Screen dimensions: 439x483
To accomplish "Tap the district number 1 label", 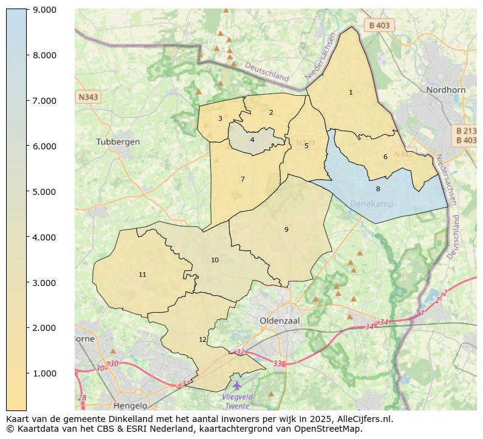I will pyautogui.click(x=351, y=93).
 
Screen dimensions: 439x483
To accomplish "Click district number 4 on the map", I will pyautogui.click(x=252, y=140).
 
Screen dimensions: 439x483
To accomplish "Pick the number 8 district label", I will pyautogui.click(x=377, y=189).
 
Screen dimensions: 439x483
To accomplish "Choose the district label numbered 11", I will pyautogui.click(x=142, y=275).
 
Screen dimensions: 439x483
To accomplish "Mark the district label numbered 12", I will pyautogui.click(x=202, y=340).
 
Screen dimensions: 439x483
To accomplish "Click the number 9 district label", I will pyautogui.click(x=286, y=230).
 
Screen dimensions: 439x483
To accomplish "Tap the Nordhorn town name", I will pyautogui.click(x=445, y=90).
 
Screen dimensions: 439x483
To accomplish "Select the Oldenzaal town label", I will pyautogui.click(x=277, y=320).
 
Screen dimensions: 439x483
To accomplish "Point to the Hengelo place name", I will pyautogui.click(x=130, y=406).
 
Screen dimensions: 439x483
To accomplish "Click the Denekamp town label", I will pyautogui.click(x=371, y=204).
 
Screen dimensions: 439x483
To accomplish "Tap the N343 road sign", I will pyautogui.click(x=88, y=97).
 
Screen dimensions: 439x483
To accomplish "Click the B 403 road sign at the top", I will pyautogui.click(x=379, y=26).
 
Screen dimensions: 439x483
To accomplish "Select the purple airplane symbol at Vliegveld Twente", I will pyautogui.click(x=236, y=386).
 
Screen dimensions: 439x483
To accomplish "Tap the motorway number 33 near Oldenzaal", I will pyautogui.click(x=278, y=364).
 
